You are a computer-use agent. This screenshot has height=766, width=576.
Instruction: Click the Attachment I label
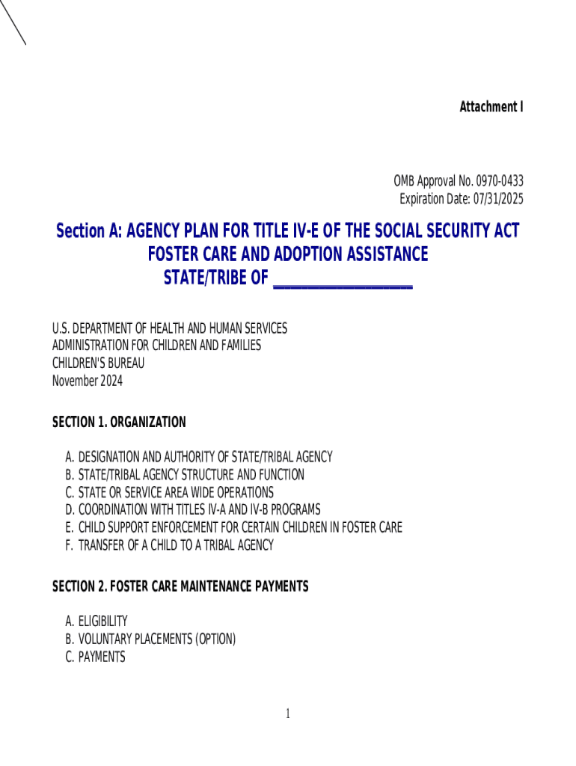click(x=491, y=107)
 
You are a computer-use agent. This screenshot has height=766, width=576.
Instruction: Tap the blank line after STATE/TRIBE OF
click(x=343, y=280)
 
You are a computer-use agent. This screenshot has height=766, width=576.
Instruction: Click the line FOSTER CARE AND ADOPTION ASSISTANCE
click(x=287, y=254)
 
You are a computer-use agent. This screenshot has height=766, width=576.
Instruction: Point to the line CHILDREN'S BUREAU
click(x=98, y=364)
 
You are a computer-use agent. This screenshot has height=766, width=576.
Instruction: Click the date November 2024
click(x=87, y=382)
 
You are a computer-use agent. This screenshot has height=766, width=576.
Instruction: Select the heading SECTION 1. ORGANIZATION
click(x=119, y=423)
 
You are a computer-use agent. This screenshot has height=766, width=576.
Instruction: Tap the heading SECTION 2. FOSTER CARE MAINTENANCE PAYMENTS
click(x=180, y=587)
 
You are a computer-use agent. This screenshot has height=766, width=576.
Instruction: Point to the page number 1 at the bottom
click(x=287, y=714)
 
